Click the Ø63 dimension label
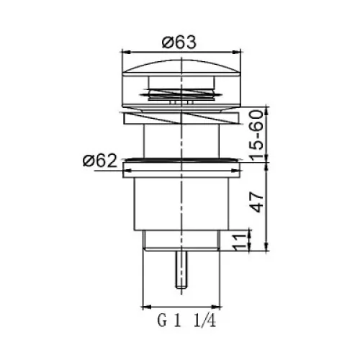coord(179,42)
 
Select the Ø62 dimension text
coord(100,161)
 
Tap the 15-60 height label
coord(256,135)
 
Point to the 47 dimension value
coord(256,202)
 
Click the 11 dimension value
coord(240,242)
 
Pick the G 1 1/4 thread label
coord(186,321)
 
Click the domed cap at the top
coord(181,67)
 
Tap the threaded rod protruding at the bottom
coord(181,269)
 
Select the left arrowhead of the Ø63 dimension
coord(126,52)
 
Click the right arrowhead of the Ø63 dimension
coord(236,52)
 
